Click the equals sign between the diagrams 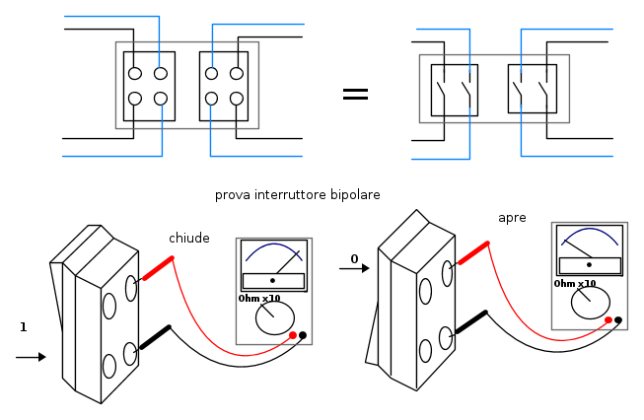355,94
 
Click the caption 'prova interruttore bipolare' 297,195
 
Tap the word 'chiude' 189,238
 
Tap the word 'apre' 512,217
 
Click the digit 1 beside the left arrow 23,326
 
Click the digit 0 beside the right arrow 354,259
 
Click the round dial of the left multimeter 274,317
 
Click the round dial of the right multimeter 590,302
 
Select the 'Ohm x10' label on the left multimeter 259,298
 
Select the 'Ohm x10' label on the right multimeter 575,283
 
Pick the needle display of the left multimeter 273,264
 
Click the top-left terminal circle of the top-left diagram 135,73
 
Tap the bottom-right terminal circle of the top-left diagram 237,99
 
